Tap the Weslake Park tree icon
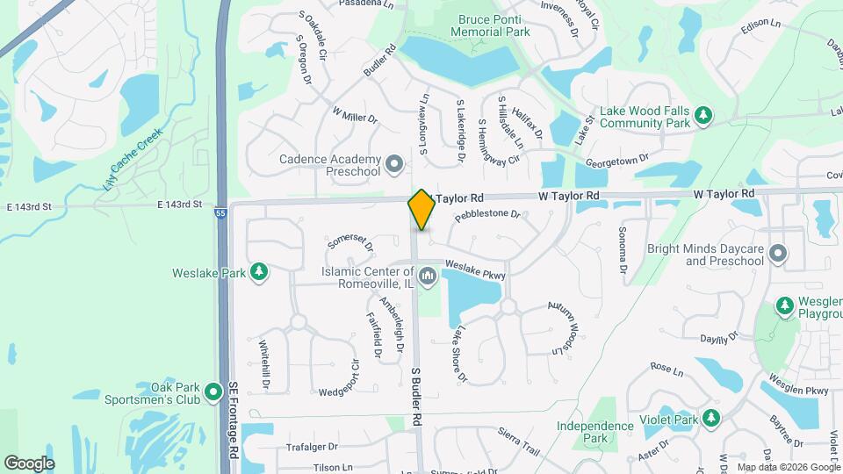pos(259,272)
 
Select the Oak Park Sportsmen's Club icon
pos(212,391)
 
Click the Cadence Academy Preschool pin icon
pos(394,164)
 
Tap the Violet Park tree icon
pos(711,419)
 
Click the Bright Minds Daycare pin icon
pos(777,255)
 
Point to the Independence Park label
pos(594,432)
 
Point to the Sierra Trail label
pos(517,440)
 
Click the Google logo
pos(29,463)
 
